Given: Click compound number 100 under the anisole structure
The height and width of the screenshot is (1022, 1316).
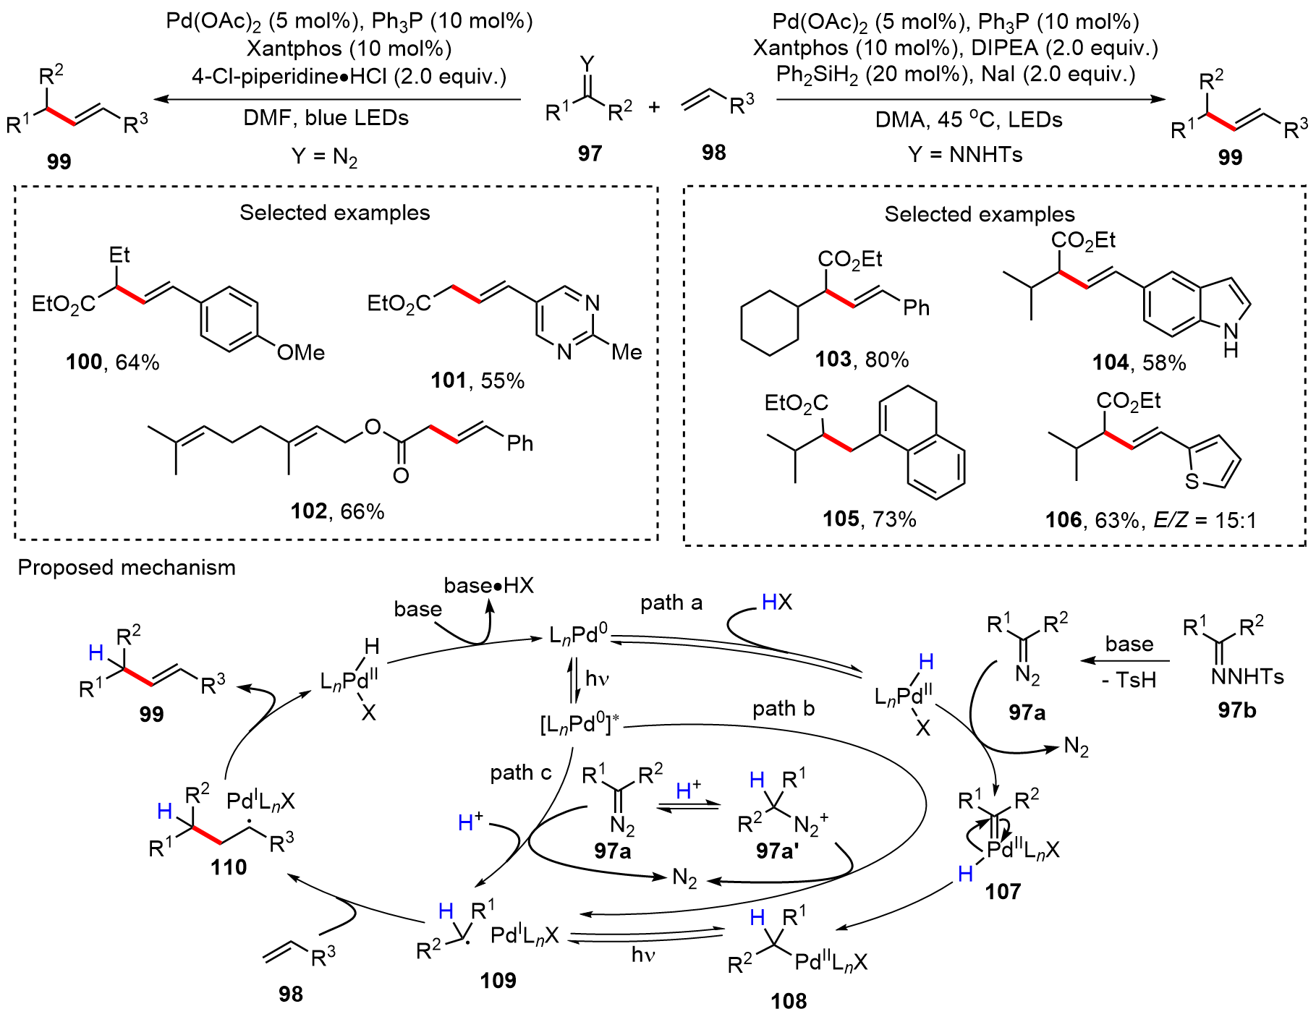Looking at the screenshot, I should pos(84,362).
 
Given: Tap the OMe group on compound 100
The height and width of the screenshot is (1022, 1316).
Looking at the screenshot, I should pos(301,353).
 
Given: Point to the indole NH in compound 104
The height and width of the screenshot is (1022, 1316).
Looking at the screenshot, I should pos(1231,340).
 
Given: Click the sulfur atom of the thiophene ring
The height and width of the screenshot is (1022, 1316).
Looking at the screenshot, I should pos(1192,481).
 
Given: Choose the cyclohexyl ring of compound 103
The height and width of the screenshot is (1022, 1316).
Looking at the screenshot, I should pos(770,323).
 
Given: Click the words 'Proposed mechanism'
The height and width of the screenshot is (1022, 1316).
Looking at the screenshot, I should pos(127,568).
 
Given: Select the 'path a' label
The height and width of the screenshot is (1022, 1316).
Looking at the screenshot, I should pos(671,602).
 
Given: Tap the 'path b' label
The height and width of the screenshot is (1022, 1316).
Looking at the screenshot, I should pos(784,709).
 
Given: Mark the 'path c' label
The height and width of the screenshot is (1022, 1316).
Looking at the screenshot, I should pos(521,772).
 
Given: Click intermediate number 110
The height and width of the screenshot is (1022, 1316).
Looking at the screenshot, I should pos(229,866).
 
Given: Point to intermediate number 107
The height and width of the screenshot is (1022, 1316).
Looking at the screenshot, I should pos(1003,891).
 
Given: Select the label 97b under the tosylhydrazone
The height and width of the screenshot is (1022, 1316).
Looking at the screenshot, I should pos(1236,710).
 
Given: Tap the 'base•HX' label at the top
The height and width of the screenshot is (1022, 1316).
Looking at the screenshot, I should pos(489,585).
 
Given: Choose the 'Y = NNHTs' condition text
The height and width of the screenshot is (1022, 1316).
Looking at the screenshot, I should pos(966,154).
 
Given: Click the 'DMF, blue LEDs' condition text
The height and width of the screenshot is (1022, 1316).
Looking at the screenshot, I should pos(326,118).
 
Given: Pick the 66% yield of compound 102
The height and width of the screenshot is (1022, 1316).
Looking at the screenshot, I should pos(362,511).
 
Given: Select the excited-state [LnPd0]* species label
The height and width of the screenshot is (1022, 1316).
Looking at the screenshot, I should pos(580,723).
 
